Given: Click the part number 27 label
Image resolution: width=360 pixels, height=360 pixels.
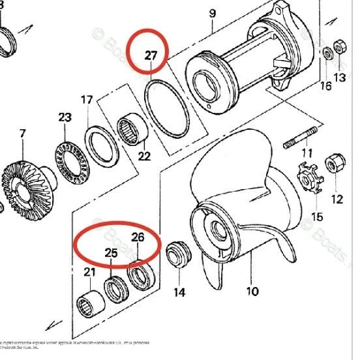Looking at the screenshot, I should [x=151, y=55].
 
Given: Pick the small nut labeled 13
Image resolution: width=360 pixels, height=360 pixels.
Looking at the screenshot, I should [x=339, y=48].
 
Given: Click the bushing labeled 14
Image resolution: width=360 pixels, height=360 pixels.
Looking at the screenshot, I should [x=177, y=255].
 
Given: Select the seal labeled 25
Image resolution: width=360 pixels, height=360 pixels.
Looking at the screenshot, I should [x=115, y=290].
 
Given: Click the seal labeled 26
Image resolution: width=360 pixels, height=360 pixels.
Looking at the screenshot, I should [x=139, y=276].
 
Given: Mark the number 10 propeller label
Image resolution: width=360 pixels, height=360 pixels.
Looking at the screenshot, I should [x=251, y=290].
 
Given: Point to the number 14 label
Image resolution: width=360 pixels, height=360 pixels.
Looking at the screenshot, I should [x=179, y=293].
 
